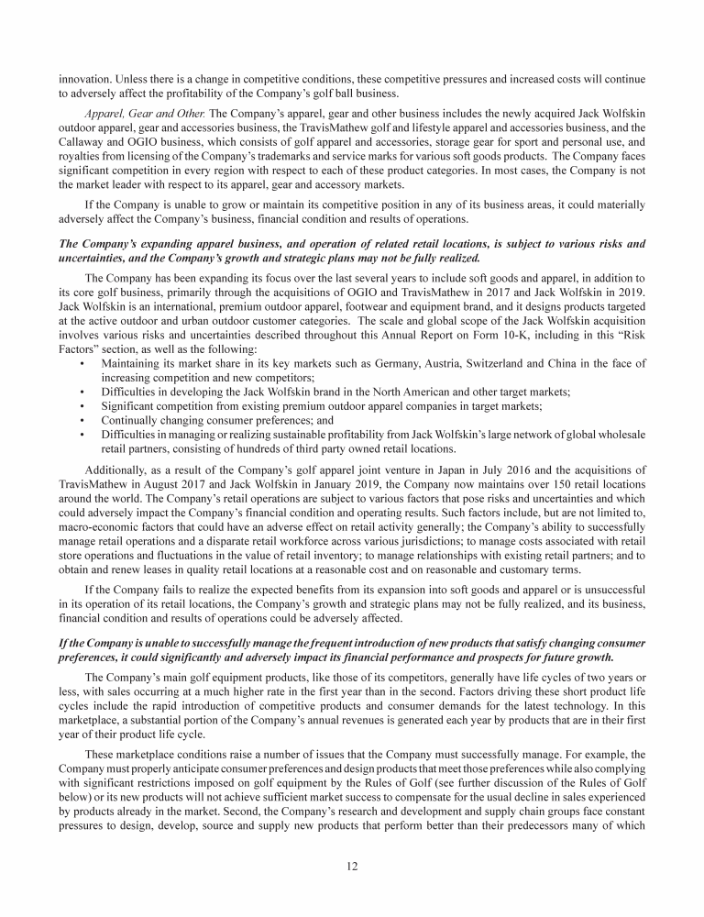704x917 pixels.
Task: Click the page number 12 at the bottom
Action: tap(352, 869)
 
